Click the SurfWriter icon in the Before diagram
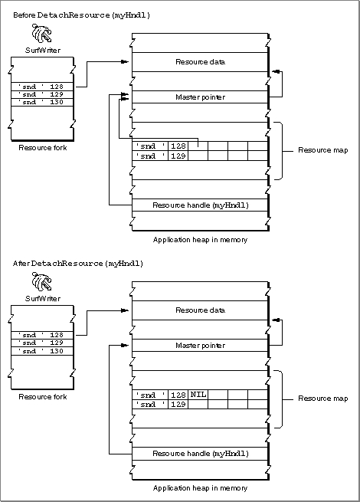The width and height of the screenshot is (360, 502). pos(41,33)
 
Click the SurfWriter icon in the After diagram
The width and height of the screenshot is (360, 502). pos(41,281)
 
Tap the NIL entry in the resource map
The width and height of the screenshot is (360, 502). pos(198,395)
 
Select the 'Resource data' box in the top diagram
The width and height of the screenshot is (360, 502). pos(200,62)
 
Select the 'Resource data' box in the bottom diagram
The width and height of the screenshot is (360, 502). pos(200,310)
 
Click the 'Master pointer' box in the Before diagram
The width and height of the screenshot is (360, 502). pos(200,97)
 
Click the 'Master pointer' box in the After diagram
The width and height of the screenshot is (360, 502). pos(200,346)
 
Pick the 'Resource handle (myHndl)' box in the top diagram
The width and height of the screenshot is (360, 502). pos(200,205)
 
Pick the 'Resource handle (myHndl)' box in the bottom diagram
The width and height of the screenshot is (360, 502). pos(200,454)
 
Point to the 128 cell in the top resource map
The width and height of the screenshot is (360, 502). pos(178,146)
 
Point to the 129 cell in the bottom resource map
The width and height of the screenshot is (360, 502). pos(178,405)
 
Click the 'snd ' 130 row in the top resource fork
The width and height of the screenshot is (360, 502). pos(42,102)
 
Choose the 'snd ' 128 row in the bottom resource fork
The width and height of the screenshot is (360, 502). pos(42,335)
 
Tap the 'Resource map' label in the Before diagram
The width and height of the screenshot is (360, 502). pos(323,150)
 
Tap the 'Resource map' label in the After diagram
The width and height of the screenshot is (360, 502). pos(323,399)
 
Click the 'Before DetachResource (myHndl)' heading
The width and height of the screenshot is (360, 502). pos(82,15)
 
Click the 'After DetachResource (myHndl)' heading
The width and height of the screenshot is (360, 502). pos(78,264)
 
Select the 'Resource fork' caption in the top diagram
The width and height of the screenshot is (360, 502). pos(43,148)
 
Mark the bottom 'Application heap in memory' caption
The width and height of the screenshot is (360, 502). pos(200,488)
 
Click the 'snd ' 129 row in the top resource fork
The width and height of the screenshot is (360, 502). pos(42,94)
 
